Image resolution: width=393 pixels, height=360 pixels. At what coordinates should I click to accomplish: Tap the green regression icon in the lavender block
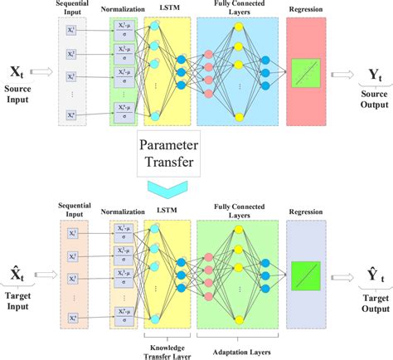point(308,274)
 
